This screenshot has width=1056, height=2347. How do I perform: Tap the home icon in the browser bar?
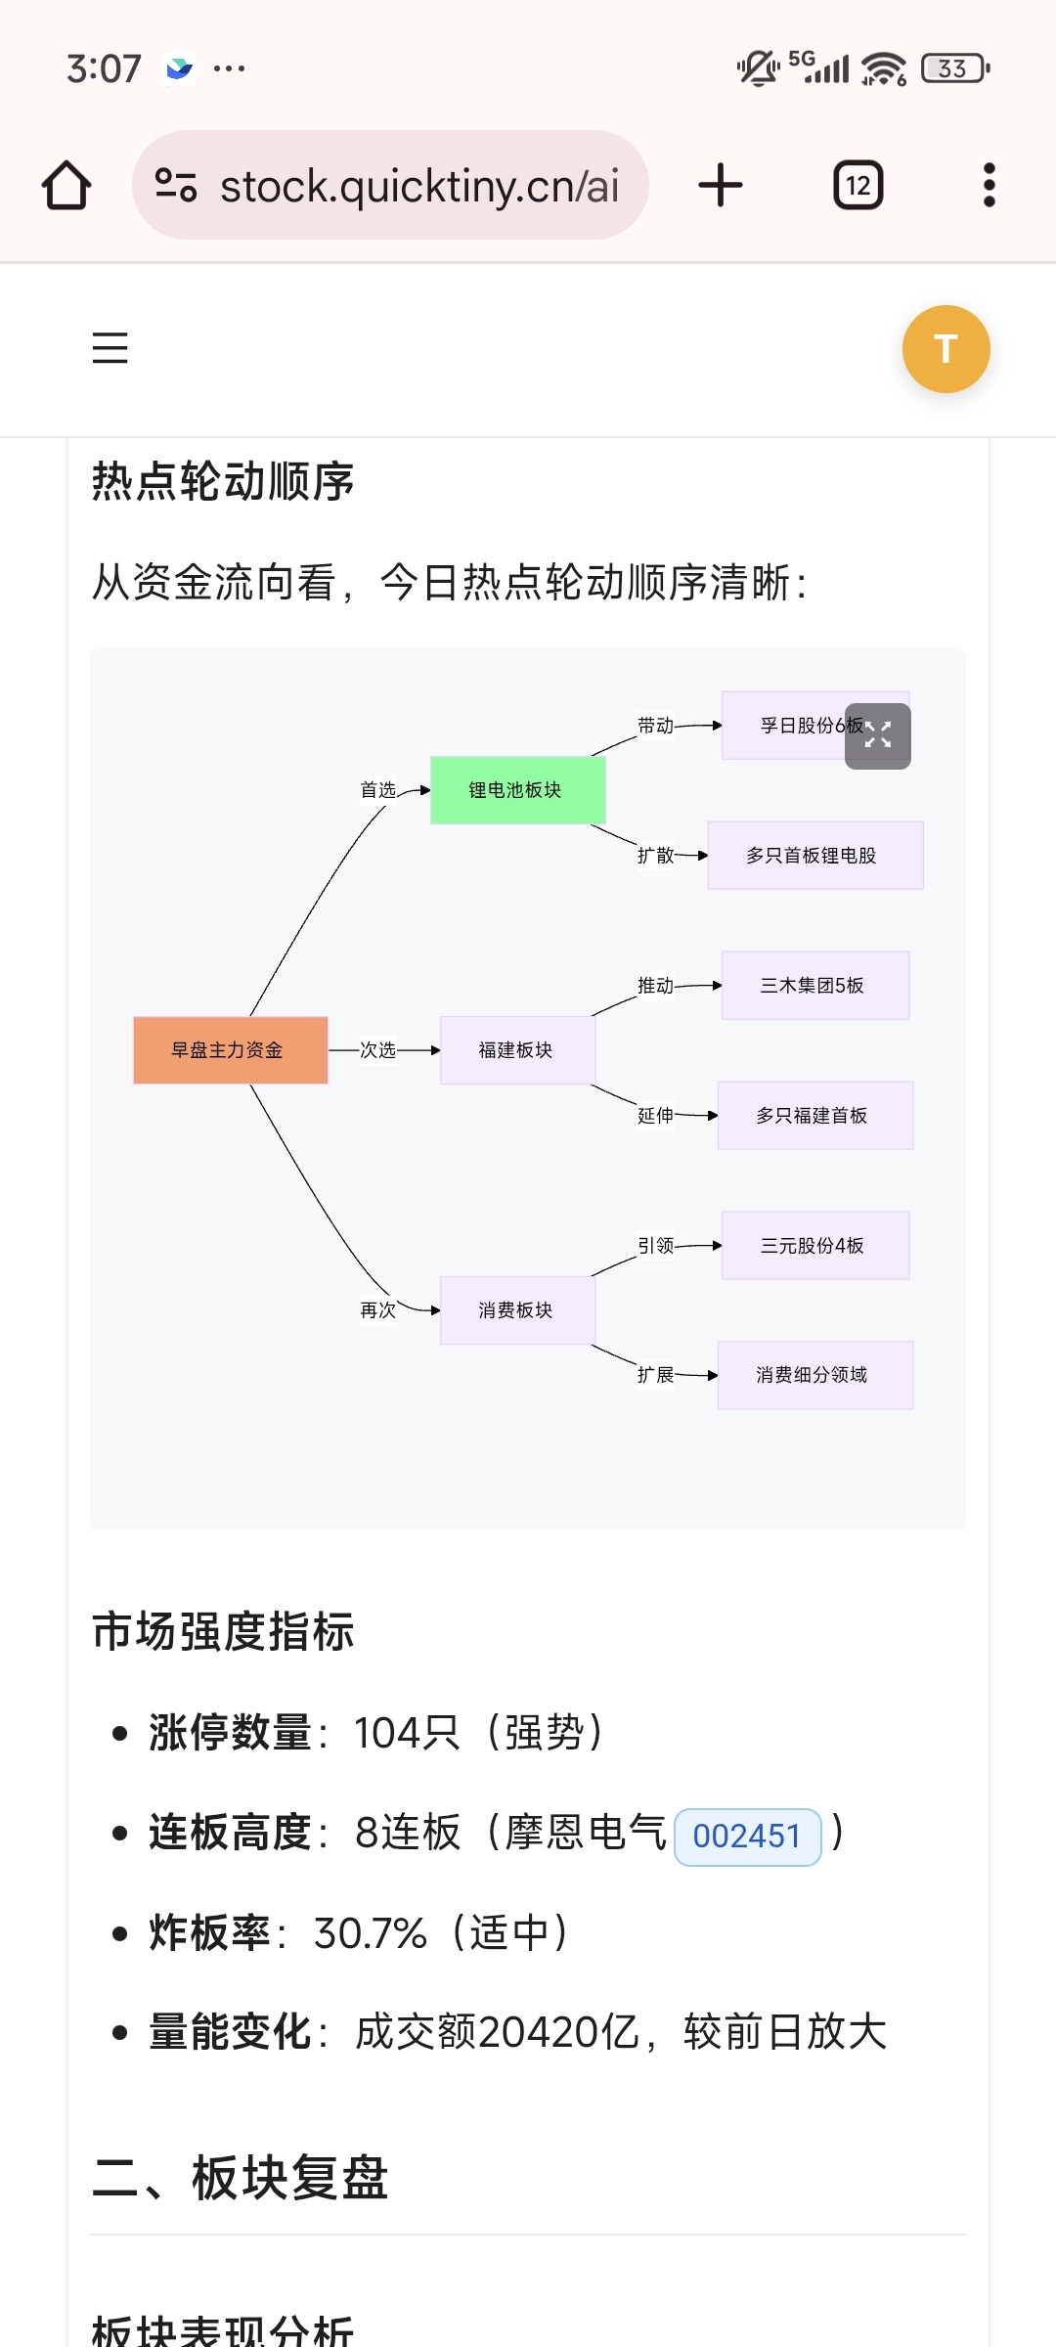(66, 186)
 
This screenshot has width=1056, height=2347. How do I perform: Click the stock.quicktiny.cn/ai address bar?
(390, 186)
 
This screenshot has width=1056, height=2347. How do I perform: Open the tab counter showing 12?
(858, 186)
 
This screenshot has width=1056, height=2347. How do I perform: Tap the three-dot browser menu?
(989, 186)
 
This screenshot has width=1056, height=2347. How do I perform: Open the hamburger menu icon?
(110, 348)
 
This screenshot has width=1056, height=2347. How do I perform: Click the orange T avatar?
(946, 349)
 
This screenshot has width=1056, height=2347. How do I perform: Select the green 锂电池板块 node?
(517, 790)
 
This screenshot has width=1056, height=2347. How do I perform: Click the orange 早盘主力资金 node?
(230, 1050)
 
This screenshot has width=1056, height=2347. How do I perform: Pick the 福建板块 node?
(516, 1050)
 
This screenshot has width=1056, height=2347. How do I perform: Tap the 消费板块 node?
(516, 1310)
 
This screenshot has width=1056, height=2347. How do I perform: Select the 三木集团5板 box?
(814, 986)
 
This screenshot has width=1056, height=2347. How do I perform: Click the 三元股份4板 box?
(814, 1246)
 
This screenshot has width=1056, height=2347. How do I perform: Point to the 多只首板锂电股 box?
(814, 856)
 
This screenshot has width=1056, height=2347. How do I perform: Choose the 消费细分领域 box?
(814, 1375)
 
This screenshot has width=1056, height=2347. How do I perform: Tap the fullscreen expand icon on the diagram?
(878, 735)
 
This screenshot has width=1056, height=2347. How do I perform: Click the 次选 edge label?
(377, 1050)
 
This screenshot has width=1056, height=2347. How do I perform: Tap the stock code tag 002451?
(747, 1837)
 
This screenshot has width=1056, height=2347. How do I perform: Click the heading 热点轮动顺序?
(223, 482)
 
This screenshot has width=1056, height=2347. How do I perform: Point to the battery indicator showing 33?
(954, 68)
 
